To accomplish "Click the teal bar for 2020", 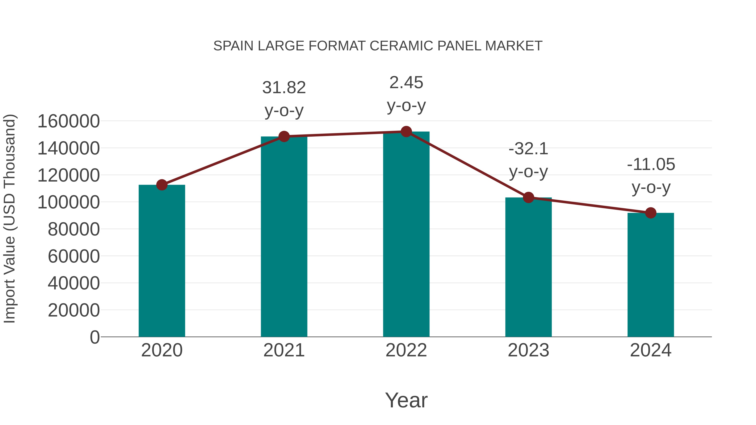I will click(x=162, y=261).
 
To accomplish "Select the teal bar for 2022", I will click(x=406, y=235).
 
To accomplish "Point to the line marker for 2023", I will click(x=529, y=197).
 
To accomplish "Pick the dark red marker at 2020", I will click(x=162, y=185).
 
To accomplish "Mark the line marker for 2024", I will click(x=651, y=213).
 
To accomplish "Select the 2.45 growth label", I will click(x=406, y=83).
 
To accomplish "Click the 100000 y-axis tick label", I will click(x=69, y=202).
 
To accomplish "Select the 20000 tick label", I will click(x=74, y=310).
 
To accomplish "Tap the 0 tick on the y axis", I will click(x=95, y=337).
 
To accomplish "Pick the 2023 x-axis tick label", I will click(x=529, y=350).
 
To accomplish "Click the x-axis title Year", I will click(x=406, y=400).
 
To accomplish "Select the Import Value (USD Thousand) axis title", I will click(x=10, y=218).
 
